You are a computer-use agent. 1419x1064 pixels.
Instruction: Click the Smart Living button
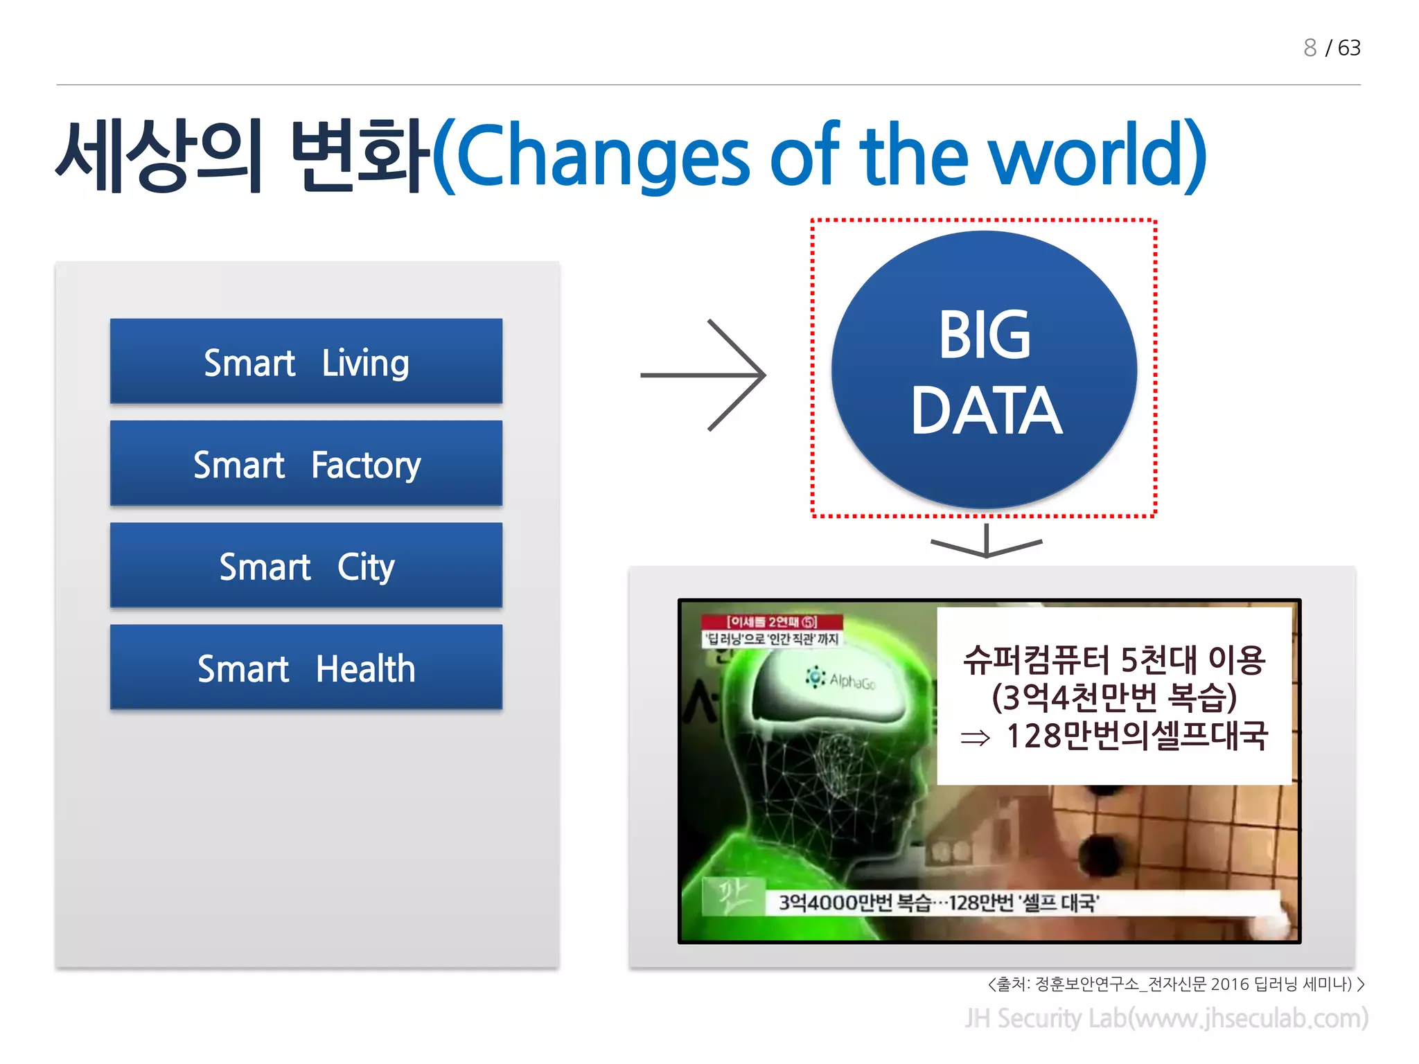[x=306, y=362]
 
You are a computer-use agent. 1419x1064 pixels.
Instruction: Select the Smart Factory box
[x=306, y=463]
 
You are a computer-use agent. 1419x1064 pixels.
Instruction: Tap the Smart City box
[x=306, y=565]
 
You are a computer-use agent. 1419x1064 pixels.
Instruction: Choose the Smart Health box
[x=306, y=667]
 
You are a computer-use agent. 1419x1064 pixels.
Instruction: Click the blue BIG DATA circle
[x=984, y=371]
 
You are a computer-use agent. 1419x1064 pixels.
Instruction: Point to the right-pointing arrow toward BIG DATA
[x=703, y=375]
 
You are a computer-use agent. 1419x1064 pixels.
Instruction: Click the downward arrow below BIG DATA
[x=986, y=542]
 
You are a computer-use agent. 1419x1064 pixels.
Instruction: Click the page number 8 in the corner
[x=1310, y=48]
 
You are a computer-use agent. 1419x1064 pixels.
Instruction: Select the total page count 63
[x=1349, y=48]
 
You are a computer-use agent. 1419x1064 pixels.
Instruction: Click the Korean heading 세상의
[x=159, y=156]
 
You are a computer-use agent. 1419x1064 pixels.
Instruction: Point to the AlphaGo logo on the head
[x=841, y=679]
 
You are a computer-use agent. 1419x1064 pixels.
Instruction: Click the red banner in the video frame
[x=772, y=621]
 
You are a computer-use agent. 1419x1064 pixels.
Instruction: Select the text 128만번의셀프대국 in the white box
[x=1136, y=736]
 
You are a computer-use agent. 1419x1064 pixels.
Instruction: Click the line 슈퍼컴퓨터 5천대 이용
[x=1114, y=659]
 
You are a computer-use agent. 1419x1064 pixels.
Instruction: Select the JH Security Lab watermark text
[x=1166, y=1018]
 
